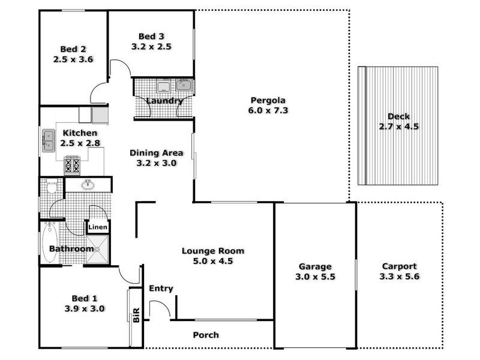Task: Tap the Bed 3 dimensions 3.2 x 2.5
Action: click(152, 46)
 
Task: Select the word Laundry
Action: click(164, 101)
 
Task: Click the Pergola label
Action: click(268, 100)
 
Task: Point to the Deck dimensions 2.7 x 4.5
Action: click(398, 127)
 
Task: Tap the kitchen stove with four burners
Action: click(73, 163)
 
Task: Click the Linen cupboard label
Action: click(98, 227)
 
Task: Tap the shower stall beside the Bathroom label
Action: click(97, 250)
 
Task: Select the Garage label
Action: click(315, 266)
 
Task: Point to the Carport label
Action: click(398, 266)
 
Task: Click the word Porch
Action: click(206, 335)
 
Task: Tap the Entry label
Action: click(161, 289)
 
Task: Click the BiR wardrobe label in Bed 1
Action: click(136, 315)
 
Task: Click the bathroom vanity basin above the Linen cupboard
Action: click(88, 184)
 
